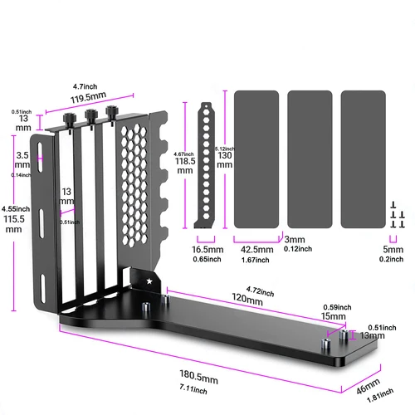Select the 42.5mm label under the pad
point(254,248)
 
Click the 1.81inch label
point(373,396)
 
